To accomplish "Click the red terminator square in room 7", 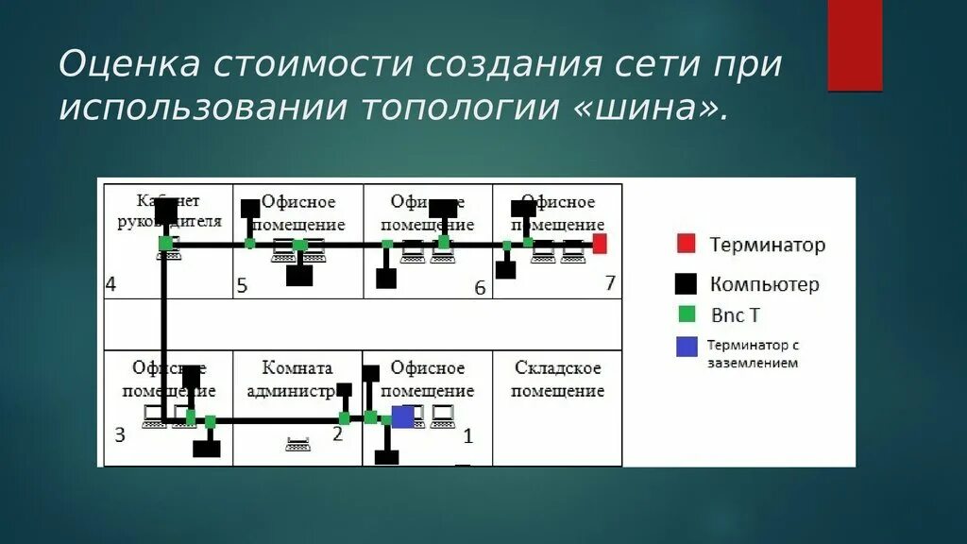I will coord(600,244).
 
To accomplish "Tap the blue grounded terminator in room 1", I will coord(403,416).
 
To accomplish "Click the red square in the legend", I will coord(687,245).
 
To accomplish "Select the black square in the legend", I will coord(687,283).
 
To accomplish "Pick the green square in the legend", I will coord(687,313).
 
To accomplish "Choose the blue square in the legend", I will coord(687,348).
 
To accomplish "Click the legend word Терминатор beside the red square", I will coord(767,246).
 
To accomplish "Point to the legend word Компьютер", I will coord(764,284).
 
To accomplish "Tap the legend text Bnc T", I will coord(735,314).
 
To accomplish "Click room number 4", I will coord(111,284).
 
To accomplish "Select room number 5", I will coord(242,285).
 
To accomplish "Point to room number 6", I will coord(480,287).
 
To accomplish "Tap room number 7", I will coord(609,282).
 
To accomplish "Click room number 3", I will coord(119,434).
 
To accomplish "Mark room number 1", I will coord(467,436).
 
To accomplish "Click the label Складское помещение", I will coord(557,379).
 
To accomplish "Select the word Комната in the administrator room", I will coord(297,368).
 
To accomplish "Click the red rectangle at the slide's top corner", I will coord(855,44).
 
